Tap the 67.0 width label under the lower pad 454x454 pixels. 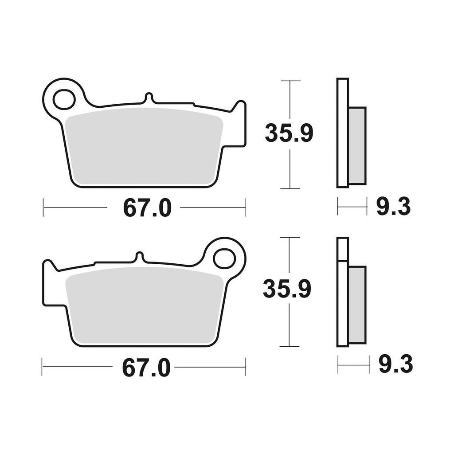(146, 368)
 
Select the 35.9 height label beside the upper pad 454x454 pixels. (289, 133)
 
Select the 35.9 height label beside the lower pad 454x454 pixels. (287, 289)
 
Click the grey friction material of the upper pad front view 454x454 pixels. (144, 147)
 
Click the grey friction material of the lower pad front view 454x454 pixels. (144, 306)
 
